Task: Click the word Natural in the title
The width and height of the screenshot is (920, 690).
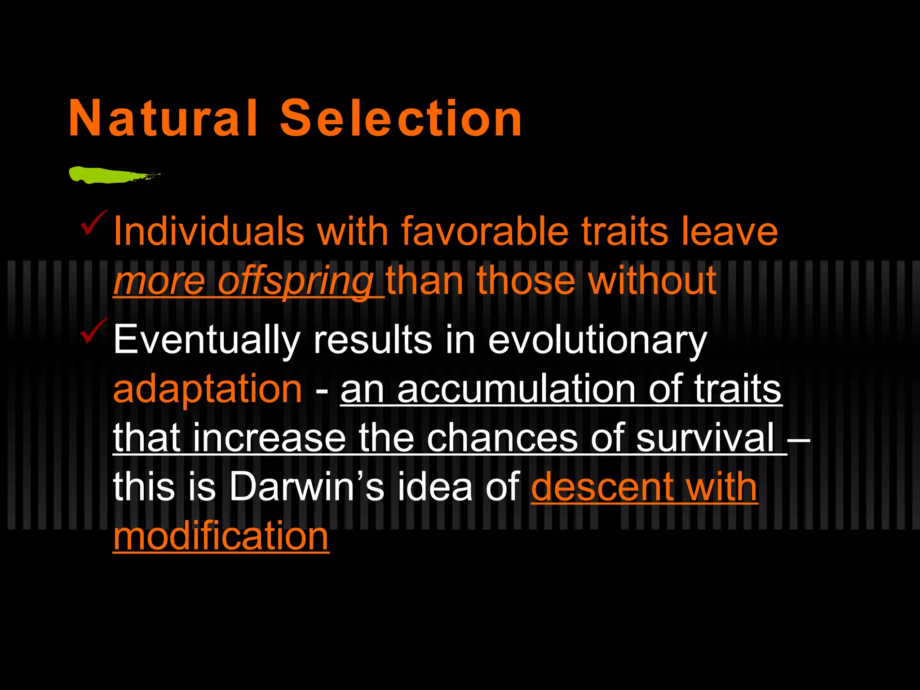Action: click(x=163, y=118)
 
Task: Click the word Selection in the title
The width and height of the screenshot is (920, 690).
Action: click(x=401, y=118)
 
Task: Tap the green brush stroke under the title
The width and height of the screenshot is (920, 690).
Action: click(x=108, y=175)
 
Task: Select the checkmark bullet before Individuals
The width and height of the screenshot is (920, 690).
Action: click(x=93, y=223)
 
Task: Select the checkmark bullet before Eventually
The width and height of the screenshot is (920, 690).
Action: click(x=93, y=331)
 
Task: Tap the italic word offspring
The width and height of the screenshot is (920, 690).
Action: click(x=295, y=282)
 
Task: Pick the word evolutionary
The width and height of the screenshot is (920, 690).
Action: click(x=597, y=341)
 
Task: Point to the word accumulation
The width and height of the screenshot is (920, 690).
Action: click(x=516, y=389)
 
